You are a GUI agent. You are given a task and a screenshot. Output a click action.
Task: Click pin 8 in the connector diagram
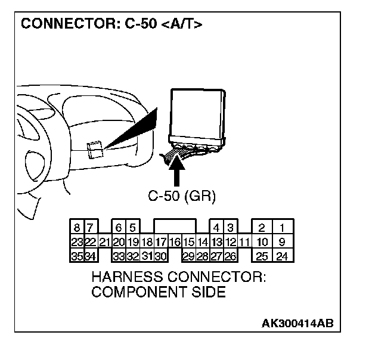(x=77, y=227)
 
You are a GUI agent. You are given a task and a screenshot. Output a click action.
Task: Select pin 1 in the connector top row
(x=283, y=227)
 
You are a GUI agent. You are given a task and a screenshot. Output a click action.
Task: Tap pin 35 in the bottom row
(x=77, y=257)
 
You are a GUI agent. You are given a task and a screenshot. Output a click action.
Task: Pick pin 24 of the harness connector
(x=283, y=257)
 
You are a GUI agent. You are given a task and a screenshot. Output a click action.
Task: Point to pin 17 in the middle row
(x=160, y=242)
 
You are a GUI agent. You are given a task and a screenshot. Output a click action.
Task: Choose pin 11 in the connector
(x=244, y=242)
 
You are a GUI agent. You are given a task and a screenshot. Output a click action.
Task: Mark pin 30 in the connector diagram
(x=160, y=257)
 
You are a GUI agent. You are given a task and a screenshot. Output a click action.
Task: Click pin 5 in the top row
(x=133, y=227)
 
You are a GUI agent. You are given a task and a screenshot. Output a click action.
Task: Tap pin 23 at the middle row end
(x=77, y=242)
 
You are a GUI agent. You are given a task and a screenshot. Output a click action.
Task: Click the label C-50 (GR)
(x=182, y=195)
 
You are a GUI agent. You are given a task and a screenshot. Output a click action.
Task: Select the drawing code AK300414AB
(x=297, y=323)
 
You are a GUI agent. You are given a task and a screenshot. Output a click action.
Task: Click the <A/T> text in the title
(x=182, y=24)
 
